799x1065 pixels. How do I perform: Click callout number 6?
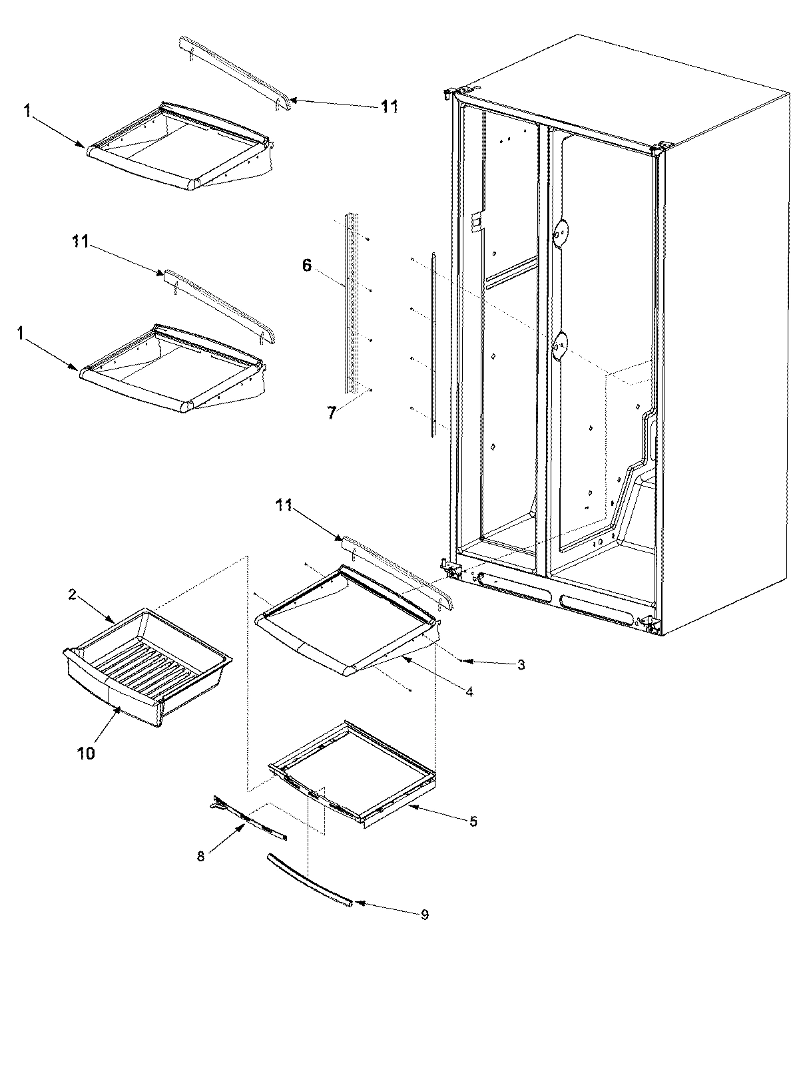(x=306, y=266)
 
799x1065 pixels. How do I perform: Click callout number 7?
(x=332, y=413)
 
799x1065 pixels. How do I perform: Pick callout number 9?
(x=424, y=915)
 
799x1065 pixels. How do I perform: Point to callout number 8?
(x=202, y=857)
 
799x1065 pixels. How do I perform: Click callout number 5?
(x=473, y=821)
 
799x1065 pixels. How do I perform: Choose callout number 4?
(x=469, y=692)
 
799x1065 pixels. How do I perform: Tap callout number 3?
(x=521, y=664)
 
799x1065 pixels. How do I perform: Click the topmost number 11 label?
(x=389, y=106)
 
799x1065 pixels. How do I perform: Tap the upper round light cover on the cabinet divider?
(x=562, y=231)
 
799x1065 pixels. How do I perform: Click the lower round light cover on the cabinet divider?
(x=562, y=345)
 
